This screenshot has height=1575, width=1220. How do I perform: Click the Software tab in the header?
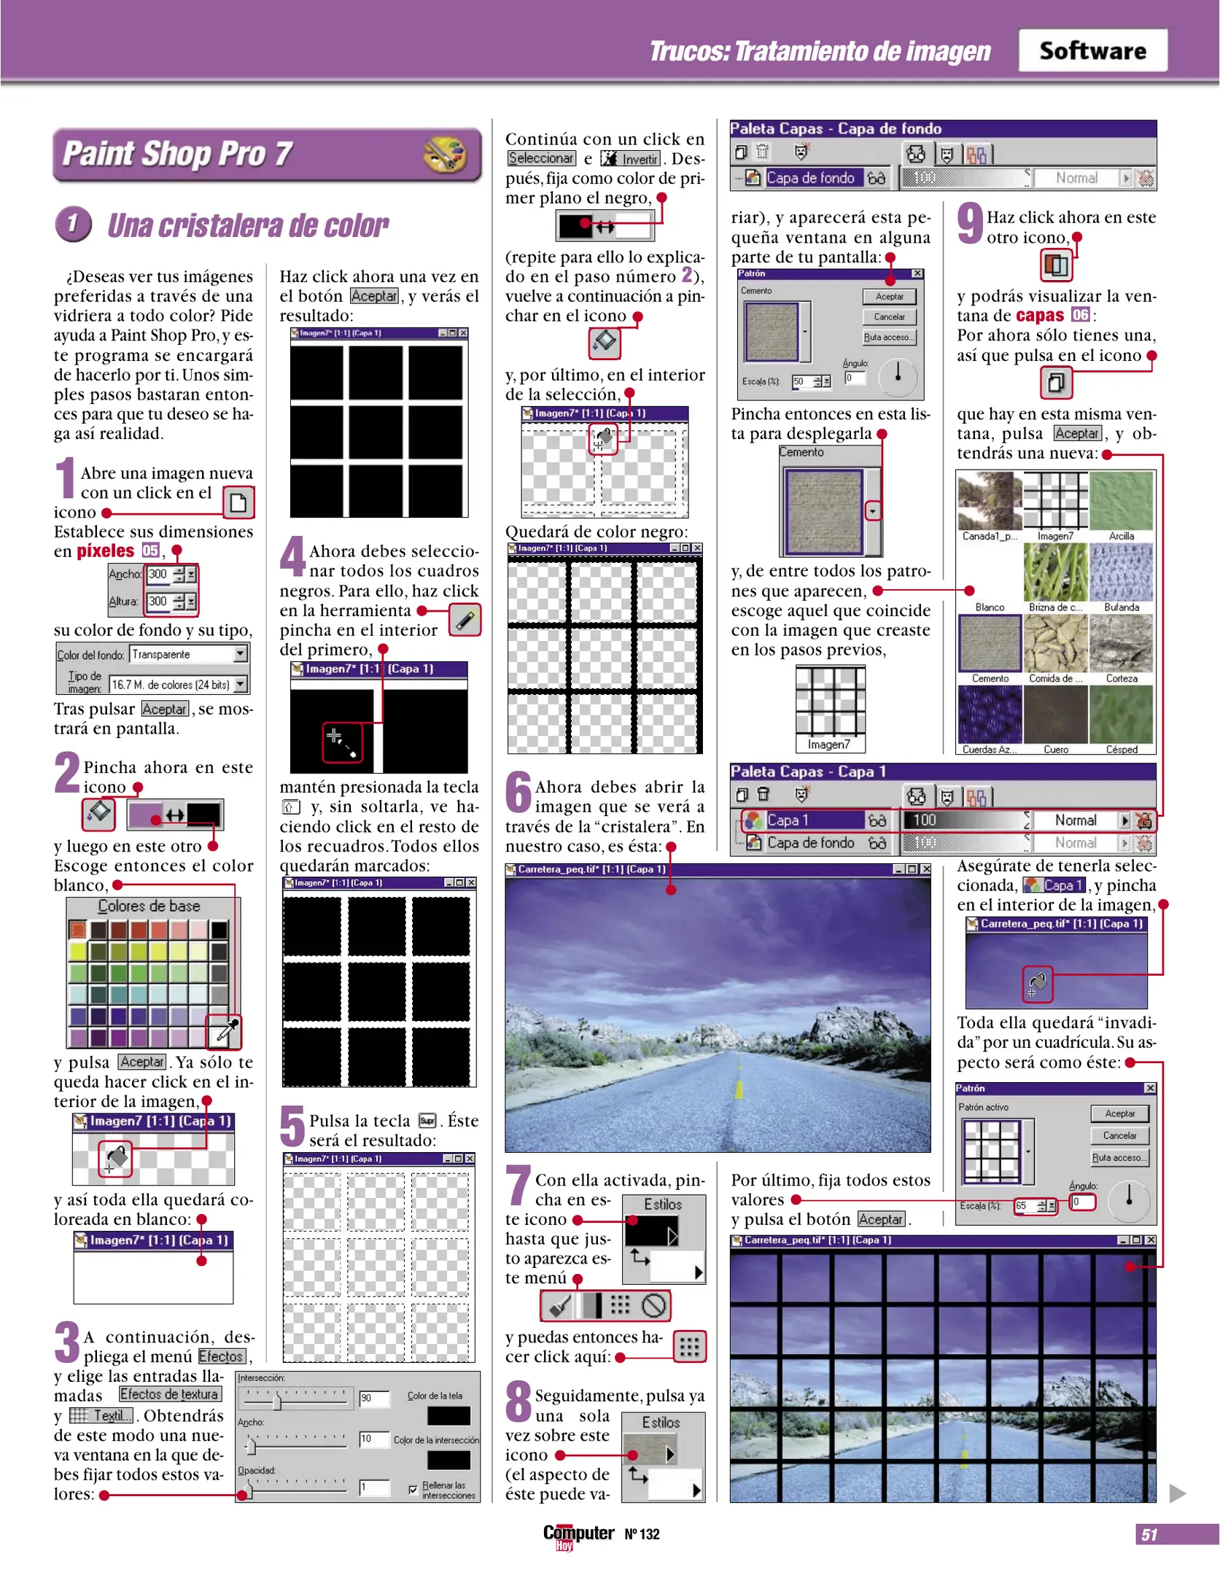(x=1092, y=51)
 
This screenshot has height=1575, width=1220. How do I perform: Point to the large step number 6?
(x=518, y=792)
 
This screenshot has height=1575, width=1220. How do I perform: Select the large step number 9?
(x=970, y=222)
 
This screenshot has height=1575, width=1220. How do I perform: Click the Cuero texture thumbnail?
(x=1055, y=715)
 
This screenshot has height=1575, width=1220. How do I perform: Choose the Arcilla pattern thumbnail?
(x=1121, y=502)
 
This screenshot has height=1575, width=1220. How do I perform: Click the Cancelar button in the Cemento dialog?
(x=889, y=317)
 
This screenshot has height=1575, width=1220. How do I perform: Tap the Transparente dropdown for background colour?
(x=189, y=654)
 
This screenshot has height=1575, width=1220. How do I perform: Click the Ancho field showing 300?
(x=158, y=575)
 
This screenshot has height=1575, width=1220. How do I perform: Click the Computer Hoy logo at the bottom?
(x=578, y=1534)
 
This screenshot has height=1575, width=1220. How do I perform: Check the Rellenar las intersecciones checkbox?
(x=413, y=1489)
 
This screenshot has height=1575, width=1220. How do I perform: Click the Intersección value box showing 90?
(x=373, y=1398)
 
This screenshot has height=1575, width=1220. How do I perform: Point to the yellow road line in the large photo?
(x=739, y=1088)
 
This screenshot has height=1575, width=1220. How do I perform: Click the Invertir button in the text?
(x=631, y=159)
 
